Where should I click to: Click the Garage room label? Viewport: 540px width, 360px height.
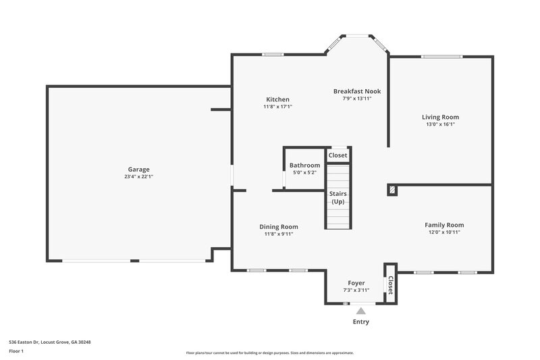point(138,170)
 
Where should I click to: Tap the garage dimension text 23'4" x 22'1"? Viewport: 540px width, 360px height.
point(138,177)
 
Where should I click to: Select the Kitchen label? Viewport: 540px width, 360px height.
point(277,99)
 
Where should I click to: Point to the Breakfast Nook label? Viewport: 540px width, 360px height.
point(357,91)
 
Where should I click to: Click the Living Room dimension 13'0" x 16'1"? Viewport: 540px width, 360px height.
point(440,124)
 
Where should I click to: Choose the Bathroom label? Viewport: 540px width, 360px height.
point(304,165)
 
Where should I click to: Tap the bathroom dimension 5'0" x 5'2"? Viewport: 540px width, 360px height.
point(304,173)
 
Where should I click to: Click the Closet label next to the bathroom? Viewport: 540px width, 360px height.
point(337,155)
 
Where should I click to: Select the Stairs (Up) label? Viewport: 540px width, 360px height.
point(337,198)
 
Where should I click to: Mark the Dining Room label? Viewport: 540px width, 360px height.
point(279,227)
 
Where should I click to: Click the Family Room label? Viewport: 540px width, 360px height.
point(444,225)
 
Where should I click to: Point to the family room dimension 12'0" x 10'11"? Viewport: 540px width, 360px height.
point(444,232)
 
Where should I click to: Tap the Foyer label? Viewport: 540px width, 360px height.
point(356,283)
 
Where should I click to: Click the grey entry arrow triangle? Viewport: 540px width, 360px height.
point(361,311)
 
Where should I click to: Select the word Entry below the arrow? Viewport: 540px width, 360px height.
point(361,322)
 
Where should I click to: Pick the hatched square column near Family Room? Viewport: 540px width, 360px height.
point(391,190)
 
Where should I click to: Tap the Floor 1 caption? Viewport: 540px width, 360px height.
point(17,351)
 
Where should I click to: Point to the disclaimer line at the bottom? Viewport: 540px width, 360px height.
point(270,353)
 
